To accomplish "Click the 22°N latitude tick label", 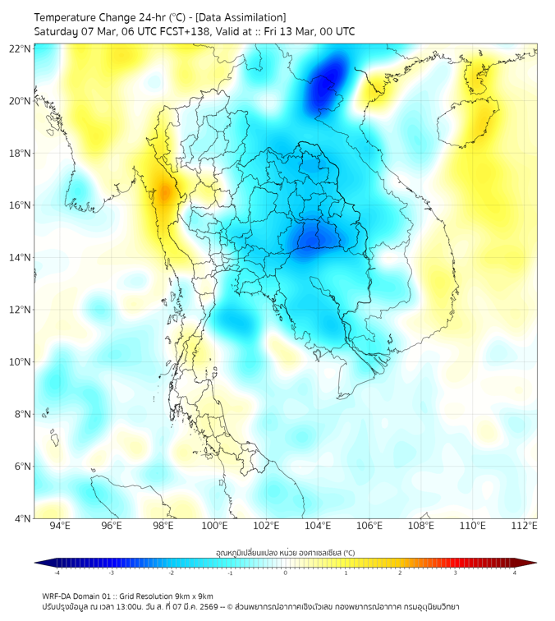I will (21, 48).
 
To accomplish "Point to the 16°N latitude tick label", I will (21, 205).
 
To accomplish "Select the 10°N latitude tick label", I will (21, 361).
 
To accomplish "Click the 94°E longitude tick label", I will (60, 527).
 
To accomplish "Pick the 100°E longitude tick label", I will (214, 527).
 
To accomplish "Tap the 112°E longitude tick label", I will (524, 527).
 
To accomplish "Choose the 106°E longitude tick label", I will (369, 527).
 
